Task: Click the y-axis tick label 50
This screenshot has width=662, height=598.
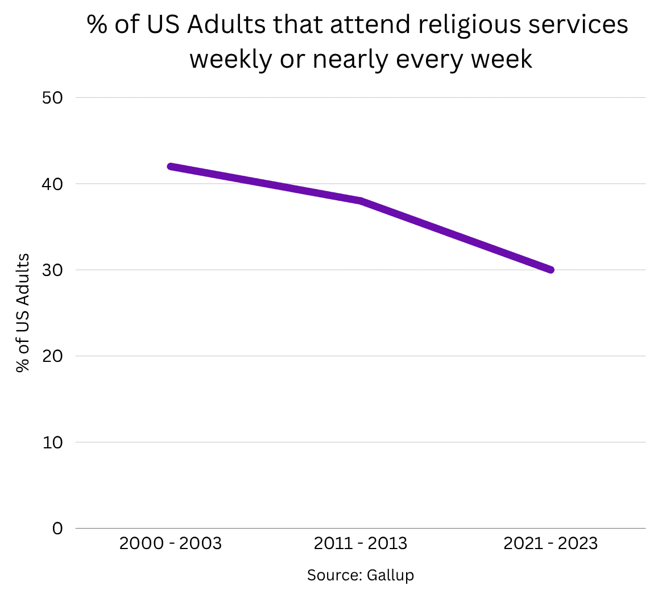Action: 52,97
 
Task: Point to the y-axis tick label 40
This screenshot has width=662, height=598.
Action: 52,184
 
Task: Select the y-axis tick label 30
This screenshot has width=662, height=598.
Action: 52,270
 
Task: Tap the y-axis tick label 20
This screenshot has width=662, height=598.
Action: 52,356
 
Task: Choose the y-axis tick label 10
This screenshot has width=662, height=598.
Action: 52,442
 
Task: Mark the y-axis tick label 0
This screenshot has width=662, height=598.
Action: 57,529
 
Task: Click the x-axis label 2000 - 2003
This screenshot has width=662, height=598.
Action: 170,544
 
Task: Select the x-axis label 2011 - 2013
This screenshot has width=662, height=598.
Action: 361,544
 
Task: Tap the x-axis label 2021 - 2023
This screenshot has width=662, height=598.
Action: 551,544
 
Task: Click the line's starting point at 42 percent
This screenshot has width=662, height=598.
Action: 171,166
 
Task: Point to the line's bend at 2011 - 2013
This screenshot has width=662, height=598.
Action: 361,201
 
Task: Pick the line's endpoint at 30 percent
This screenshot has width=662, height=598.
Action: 551,270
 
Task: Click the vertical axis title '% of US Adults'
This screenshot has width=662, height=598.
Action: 23,313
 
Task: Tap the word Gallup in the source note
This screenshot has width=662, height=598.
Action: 390,575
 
